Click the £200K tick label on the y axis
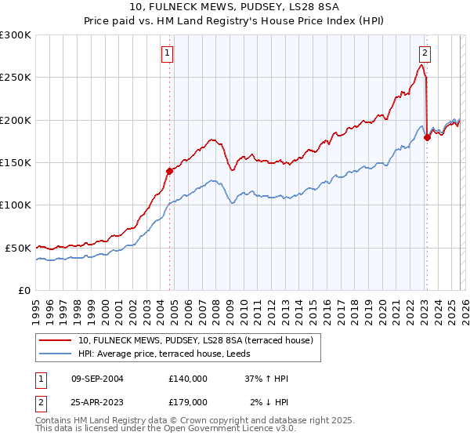click(x=16, y=120)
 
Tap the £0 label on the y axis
click(x=25, y=290)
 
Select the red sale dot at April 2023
click(x=427, y=138)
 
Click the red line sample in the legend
click(x=56, y=340)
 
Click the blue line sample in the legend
click(x=56, y=354)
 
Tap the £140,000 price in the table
click(x=188, y=379)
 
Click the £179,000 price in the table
click(x=188, y=401)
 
